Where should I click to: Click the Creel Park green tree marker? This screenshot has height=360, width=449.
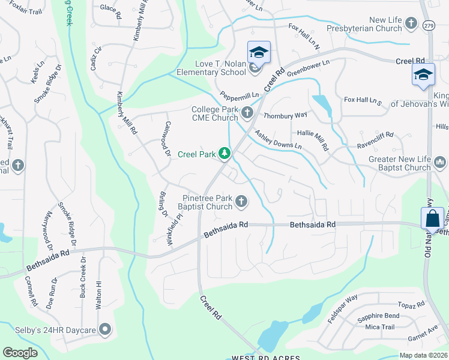point(224,154)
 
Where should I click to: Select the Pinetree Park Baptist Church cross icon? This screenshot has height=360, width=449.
point(241,202)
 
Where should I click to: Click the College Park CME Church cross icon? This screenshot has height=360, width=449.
point(247,113)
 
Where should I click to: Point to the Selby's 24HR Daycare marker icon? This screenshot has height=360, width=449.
point(106,329)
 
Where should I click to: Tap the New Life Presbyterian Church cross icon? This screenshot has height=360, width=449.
point(411,23)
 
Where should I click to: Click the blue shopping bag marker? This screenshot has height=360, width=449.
point(432,219)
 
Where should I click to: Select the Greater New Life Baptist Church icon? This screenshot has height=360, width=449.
point(440,162)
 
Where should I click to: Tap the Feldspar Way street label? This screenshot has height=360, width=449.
point(343,304)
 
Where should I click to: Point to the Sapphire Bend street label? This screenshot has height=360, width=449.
point(378,316)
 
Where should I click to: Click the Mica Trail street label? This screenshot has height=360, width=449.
point(379,327)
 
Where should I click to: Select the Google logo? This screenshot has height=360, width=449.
point(20,353)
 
